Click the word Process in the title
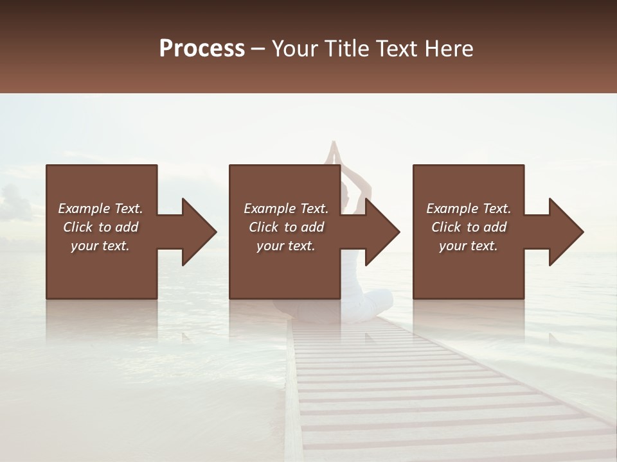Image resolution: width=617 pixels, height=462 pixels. click(x=202, y=48)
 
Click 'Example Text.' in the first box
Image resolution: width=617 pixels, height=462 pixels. click(x=100, y=209)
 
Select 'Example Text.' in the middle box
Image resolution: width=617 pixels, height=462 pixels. click(x=286, y=209)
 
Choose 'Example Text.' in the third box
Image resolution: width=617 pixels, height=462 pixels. click(x=469, y=209)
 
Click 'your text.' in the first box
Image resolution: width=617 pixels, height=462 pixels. click(x=100, y=246)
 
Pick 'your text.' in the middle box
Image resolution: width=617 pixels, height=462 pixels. click(x=286, y=246)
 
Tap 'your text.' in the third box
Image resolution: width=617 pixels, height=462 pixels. click(x=469, y=246)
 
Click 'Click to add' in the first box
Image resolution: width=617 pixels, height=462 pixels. click(x=100, y=227)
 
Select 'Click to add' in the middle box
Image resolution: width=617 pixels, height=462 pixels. click(x=286, y=227)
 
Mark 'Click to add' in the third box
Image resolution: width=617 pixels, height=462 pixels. click(x=469, y=227)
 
